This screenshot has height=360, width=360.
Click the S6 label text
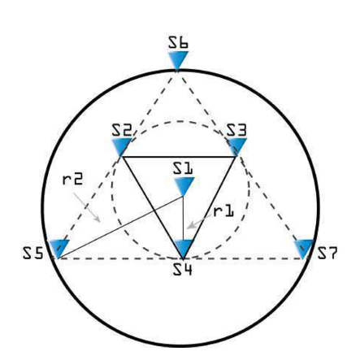pyautogui.click(x=178, y=43)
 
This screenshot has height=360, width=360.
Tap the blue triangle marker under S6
pyautogui.click(x=178, y=60)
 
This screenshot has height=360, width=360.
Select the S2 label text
pyautogui.click(x=122, y=130)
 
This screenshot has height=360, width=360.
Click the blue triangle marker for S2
pyautogui.click(x=122, y=146)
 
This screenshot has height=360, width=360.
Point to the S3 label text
pyautogui.click(x=236, y=130)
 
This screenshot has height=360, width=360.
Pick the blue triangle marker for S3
pyautogui.click(x=236, y=146)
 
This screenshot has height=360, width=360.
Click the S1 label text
pyautogui.click(x=183, y=168)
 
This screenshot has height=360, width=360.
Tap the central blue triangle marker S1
pyautogui.click(x=184, y=186)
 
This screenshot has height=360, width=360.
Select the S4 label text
pyautogui.click(x=183, y=269)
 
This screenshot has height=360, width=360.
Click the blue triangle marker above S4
pyautogui.click(x=184, y=249)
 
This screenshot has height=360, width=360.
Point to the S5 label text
pyautogui.click(x=33, y=254)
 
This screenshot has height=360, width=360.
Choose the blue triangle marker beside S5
pyautogui.click(x=59, y=249)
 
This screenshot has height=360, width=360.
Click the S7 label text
pyautogui.click(x=327, y=254)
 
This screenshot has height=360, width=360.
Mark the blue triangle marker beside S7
pyautogui.click(x=304, y=249)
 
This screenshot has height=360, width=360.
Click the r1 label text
pyautogui.click(x=223, y=211)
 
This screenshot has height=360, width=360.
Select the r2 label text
pyautogui.click(x=72, y=179)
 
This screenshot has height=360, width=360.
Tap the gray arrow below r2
pyautogui.click(x=87, y=207)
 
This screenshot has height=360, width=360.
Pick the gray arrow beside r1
pyautogui.click(x=200, y=221)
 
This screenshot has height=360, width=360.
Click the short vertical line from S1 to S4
pyautogui.click(x=184, y=218)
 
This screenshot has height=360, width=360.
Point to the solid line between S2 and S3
pyautogui.click(x=179, y=157)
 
